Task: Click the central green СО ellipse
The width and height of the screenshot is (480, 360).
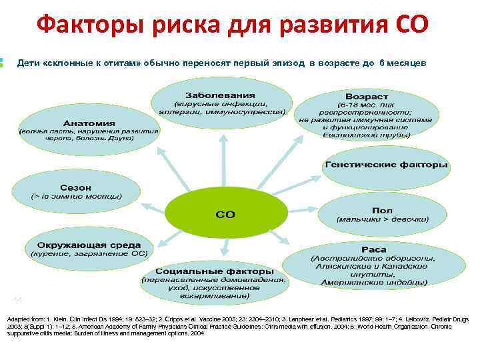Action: point(225,214)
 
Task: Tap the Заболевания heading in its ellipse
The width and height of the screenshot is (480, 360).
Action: point(221,92)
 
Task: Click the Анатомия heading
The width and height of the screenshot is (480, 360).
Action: point(89,123)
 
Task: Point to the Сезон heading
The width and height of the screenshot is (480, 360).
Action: point(76,187)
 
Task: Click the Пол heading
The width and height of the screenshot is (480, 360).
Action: point(382,210)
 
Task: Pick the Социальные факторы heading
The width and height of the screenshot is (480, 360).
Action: point(214,271)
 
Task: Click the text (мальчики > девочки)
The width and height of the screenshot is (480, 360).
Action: point(382,219)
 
